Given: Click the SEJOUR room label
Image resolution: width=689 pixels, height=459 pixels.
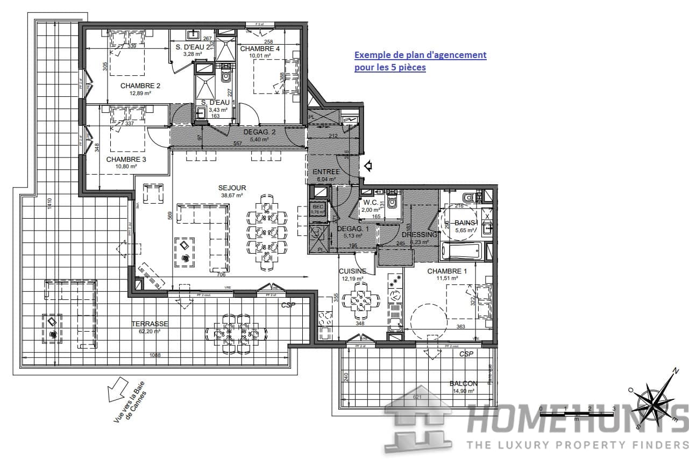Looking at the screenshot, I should click(x=232, y=188).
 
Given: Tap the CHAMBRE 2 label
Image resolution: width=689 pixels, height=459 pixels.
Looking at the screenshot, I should click(x=140, y=86).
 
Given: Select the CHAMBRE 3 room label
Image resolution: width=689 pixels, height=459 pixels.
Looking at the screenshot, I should click(x=126, y=160).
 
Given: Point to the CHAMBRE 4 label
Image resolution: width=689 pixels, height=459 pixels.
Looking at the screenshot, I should click(x=260, y=49).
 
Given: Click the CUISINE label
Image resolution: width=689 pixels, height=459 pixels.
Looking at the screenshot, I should click(x=352, y=271).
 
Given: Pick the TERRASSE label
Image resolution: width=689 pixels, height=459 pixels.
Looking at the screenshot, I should click(x=150, y=324).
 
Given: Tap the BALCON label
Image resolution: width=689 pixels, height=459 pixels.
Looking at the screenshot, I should click(x=463, y=384).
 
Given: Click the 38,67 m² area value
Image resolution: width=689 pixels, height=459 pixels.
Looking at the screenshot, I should click(x=232, y=196).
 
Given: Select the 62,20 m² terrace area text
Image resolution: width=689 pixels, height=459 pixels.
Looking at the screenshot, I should click(x=150, y=331).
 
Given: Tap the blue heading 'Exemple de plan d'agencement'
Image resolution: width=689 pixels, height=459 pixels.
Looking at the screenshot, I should click(x=420, y=55).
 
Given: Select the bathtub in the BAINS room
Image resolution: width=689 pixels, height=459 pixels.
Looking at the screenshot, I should click(x=461, y=250).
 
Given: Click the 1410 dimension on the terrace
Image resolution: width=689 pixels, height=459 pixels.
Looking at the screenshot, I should click(x=49, y=204).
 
